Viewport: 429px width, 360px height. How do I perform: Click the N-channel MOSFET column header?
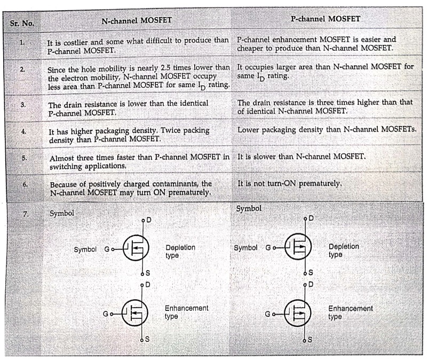137,20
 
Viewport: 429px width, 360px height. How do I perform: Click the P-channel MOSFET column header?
325,19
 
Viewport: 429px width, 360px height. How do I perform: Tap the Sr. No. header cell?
22,24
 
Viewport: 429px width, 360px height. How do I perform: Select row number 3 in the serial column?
23,105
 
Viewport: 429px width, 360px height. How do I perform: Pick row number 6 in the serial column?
25,184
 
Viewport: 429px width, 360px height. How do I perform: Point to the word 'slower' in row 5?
265,156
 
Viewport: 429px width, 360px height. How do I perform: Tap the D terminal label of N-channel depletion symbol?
148,220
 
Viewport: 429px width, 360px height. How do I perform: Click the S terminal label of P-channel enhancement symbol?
309,340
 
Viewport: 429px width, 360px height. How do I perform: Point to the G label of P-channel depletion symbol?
268,248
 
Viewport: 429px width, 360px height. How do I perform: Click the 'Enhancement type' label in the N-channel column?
186,312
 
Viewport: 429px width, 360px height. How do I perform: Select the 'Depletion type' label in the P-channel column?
344,251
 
